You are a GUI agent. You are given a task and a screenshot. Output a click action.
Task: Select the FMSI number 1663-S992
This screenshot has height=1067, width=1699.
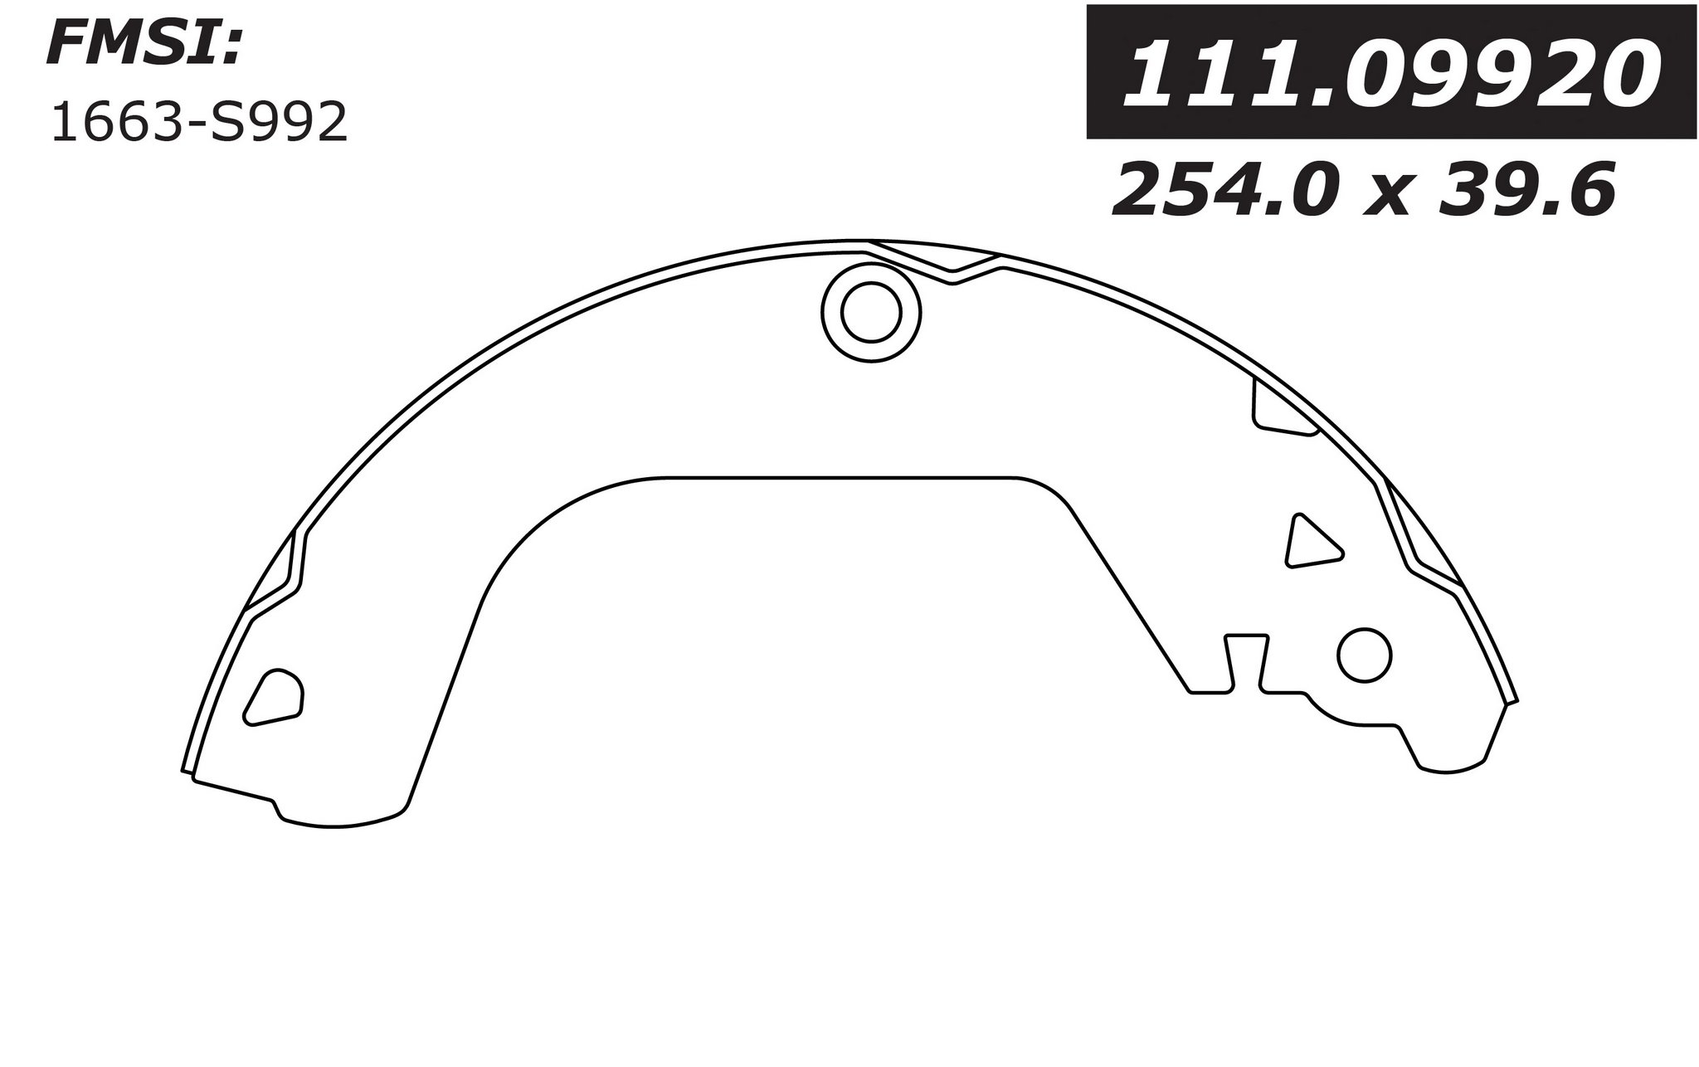coord(199,125)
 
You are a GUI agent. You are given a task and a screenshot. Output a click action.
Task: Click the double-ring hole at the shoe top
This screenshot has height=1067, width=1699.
coord(870,312)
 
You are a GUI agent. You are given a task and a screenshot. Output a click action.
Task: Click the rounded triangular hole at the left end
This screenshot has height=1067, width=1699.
coord(275,696)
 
